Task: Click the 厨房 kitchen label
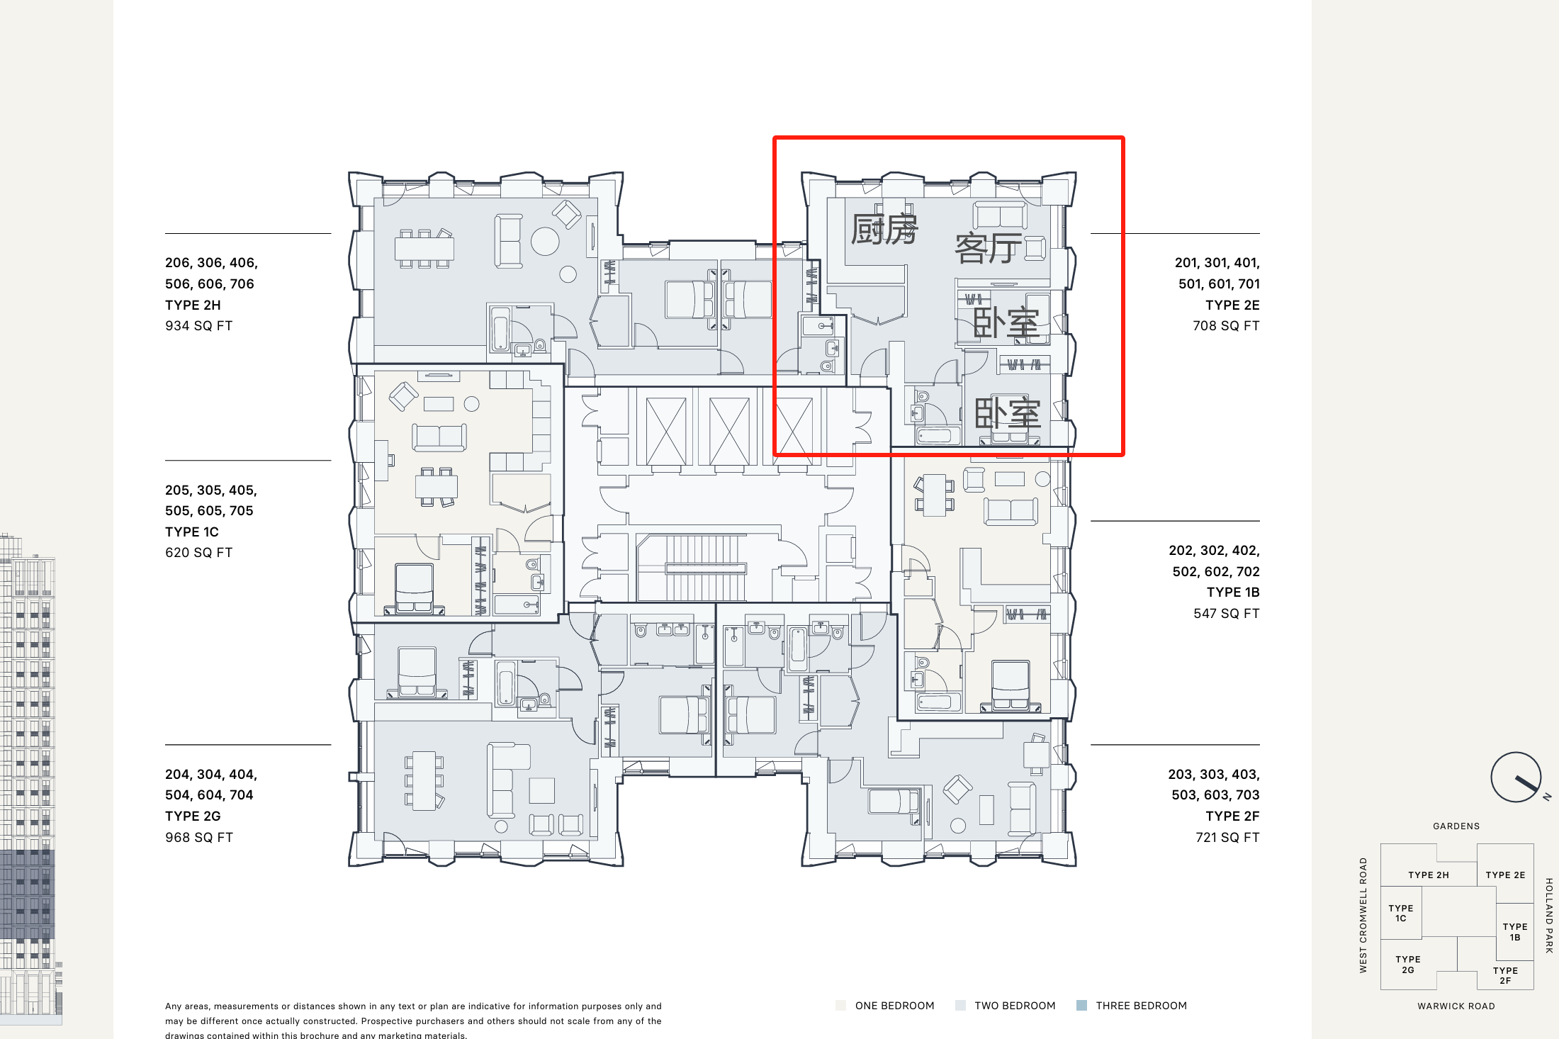884,229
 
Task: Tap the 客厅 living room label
989,248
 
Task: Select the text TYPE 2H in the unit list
193,305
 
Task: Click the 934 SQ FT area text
198,326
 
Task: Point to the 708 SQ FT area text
1226,326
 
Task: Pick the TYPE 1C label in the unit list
192,532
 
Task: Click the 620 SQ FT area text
198,553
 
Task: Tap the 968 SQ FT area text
198,837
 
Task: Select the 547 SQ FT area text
1227,613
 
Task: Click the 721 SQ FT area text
1227,837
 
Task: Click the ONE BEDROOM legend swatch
841,1006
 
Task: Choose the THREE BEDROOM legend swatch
1081,1006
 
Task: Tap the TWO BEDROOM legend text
1015,1006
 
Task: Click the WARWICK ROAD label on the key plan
1456,1006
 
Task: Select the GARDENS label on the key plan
1456,826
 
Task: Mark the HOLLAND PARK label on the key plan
1549,916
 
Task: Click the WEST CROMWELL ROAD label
1363,915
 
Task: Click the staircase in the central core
706,568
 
